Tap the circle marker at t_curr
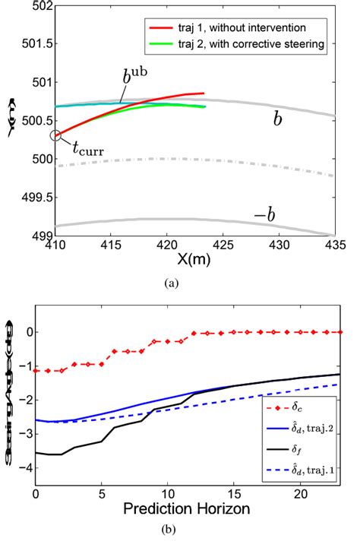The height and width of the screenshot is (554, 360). pos(55,135)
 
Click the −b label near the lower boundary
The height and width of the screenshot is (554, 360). pos(264,215)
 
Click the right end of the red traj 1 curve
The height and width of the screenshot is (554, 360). pos(204,93)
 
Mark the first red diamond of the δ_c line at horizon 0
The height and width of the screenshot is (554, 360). pos(36,370)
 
